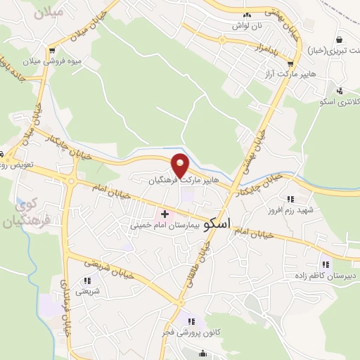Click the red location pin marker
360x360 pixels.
coord(181,165)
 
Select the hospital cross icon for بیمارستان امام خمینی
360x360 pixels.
coord(165,214)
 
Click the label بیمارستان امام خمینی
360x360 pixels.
coord(162,227)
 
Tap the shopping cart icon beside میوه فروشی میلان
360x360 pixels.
coord(52,50)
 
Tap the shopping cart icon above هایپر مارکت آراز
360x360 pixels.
coord(290,62)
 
